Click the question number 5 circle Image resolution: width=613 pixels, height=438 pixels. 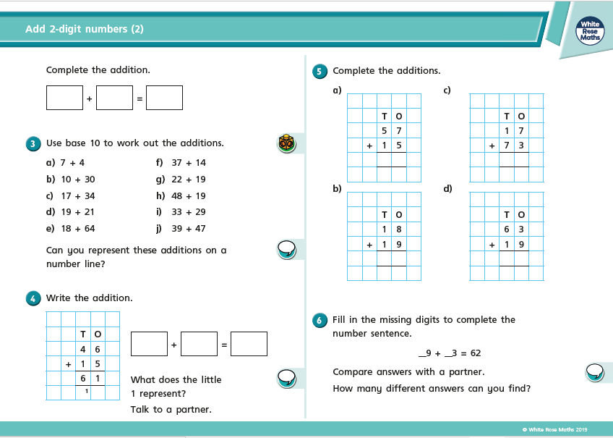(320, 71)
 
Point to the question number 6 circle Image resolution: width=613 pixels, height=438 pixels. (320, 320)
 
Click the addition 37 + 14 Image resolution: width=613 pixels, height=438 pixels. (189, 163)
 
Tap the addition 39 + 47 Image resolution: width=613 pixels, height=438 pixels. (189, 228)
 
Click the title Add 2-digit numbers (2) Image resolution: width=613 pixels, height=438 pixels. (85, 29)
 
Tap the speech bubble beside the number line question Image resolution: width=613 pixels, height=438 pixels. (287, 250)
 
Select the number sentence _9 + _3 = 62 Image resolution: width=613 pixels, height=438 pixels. (450, 353)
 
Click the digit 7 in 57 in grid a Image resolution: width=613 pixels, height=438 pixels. (398, 131)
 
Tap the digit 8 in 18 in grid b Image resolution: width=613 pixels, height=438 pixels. (398, 229)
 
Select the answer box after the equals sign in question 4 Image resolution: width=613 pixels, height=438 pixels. (249, 344)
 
